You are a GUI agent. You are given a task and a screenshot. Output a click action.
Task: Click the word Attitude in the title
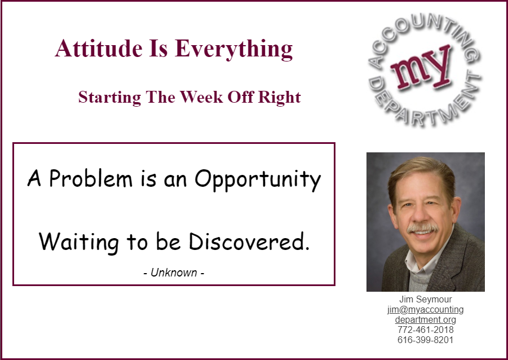[x=99, y=49]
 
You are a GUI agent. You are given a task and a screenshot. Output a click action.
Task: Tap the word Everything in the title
[x=233, y=50]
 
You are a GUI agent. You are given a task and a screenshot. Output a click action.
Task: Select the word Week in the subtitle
[x=201, y=97]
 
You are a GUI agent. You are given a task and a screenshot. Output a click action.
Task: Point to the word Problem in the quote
[x=91, y=178]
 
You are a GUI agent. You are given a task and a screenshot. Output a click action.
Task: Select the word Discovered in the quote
[x=249, y=242]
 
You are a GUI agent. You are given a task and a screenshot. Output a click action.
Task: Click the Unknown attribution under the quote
[x=174, y=273]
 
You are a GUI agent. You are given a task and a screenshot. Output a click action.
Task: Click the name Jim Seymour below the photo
[x=425, y=299]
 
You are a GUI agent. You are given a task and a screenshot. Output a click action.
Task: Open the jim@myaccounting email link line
[x=425, y=310]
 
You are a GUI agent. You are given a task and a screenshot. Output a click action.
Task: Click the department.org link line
[x=425, y=320]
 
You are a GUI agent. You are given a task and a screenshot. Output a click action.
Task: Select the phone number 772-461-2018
[x=425, y=330]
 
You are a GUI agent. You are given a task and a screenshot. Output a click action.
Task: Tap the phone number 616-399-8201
[x=425, y=340]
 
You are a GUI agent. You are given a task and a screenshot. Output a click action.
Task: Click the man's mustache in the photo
[x=422, y=227]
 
